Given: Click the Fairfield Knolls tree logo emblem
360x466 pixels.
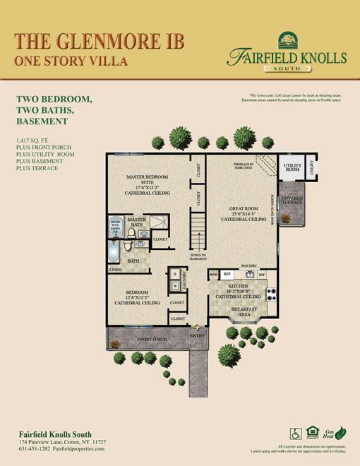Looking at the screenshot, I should [286, 39].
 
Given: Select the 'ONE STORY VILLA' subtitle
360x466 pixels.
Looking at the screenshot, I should [71, 61].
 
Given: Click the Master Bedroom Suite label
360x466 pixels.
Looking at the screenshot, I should [147, 184].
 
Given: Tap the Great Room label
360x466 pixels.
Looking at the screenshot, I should [242, 213].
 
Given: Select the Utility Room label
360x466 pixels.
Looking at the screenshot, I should [292, 168].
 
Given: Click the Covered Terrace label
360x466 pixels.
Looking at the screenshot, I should [292, 201].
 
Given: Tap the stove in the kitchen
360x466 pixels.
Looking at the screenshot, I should [270, 294].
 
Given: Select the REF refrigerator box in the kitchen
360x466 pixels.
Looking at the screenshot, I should [227, 274].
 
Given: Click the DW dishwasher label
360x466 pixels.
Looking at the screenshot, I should [261, 274].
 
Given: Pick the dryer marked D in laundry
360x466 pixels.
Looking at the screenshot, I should [174, 274].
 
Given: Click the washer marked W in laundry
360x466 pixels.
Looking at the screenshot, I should [174, 286].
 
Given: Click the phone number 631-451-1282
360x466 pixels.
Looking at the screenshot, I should [38, 448].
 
